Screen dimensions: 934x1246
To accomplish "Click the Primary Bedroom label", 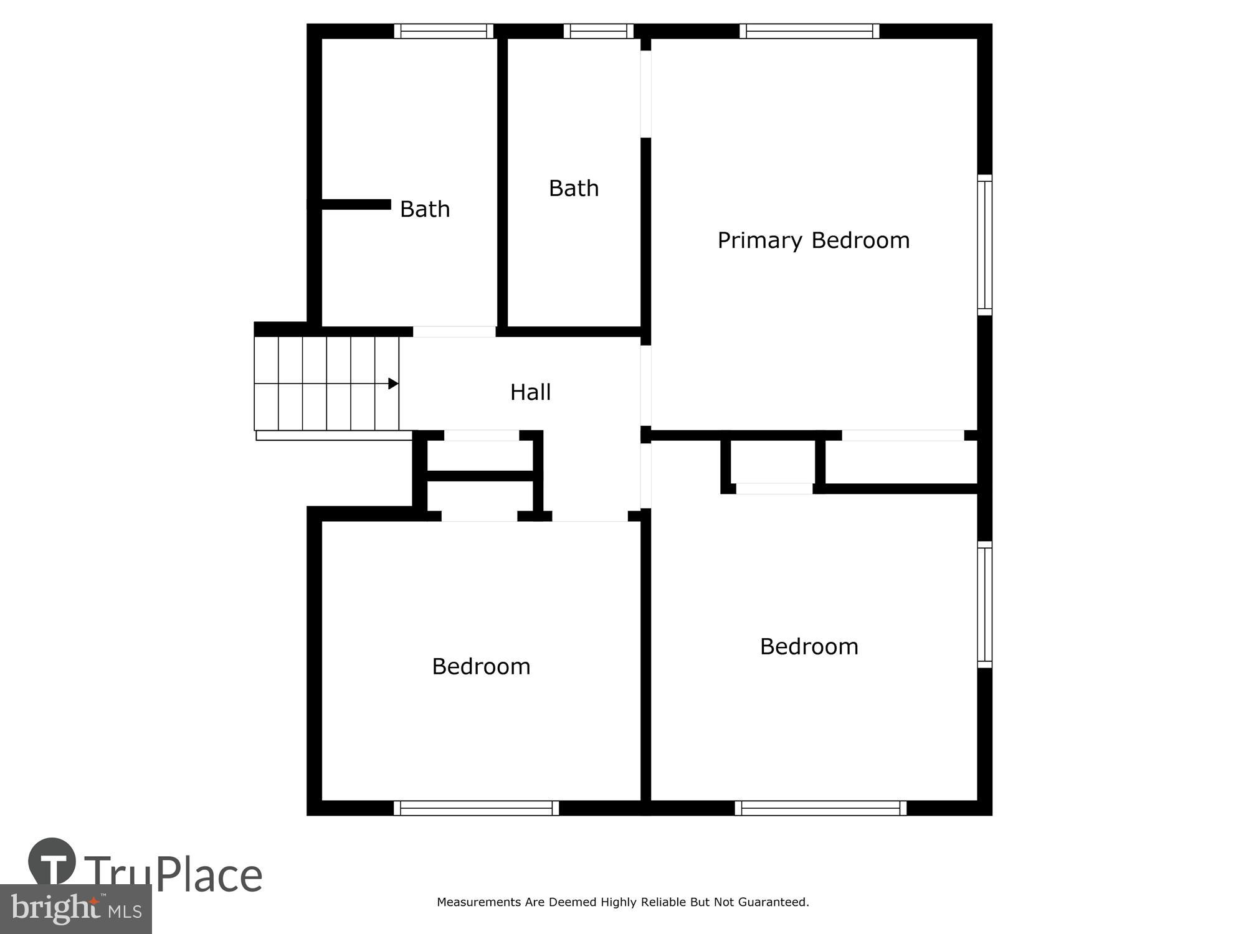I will click(813, 240).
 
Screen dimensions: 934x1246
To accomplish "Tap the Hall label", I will click(530, 392).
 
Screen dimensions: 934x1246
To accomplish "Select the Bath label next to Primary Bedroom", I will click(573, 188).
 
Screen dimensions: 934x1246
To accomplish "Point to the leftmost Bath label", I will click(424, 209).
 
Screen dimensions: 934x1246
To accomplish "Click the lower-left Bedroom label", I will click(481, 667).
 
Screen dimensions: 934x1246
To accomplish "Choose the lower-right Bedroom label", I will click(809, 647).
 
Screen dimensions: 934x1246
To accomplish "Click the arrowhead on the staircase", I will click(393, 384).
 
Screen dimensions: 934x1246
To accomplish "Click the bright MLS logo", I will click(75, 909).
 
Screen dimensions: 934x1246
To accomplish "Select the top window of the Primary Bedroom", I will click(809, 31).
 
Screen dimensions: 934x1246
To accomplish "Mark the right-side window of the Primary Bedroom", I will click(984, 245).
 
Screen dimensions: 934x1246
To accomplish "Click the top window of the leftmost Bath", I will click(444, 31).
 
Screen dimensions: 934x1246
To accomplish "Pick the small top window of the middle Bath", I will click(598, 31).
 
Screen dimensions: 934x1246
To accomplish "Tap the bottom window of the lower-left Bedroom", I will click(476, 808).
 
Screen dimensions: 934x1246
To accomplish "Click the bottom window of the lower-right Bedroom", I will click(820, 808).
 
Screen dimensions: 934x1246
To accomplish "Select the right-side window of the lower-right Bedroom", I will click(984, 605).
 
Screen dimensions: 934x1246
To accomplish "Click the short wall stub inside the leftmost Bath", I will click(355, 204).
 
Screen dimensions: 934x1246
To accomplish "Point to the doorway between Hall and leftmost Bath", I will click(454, 331).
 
